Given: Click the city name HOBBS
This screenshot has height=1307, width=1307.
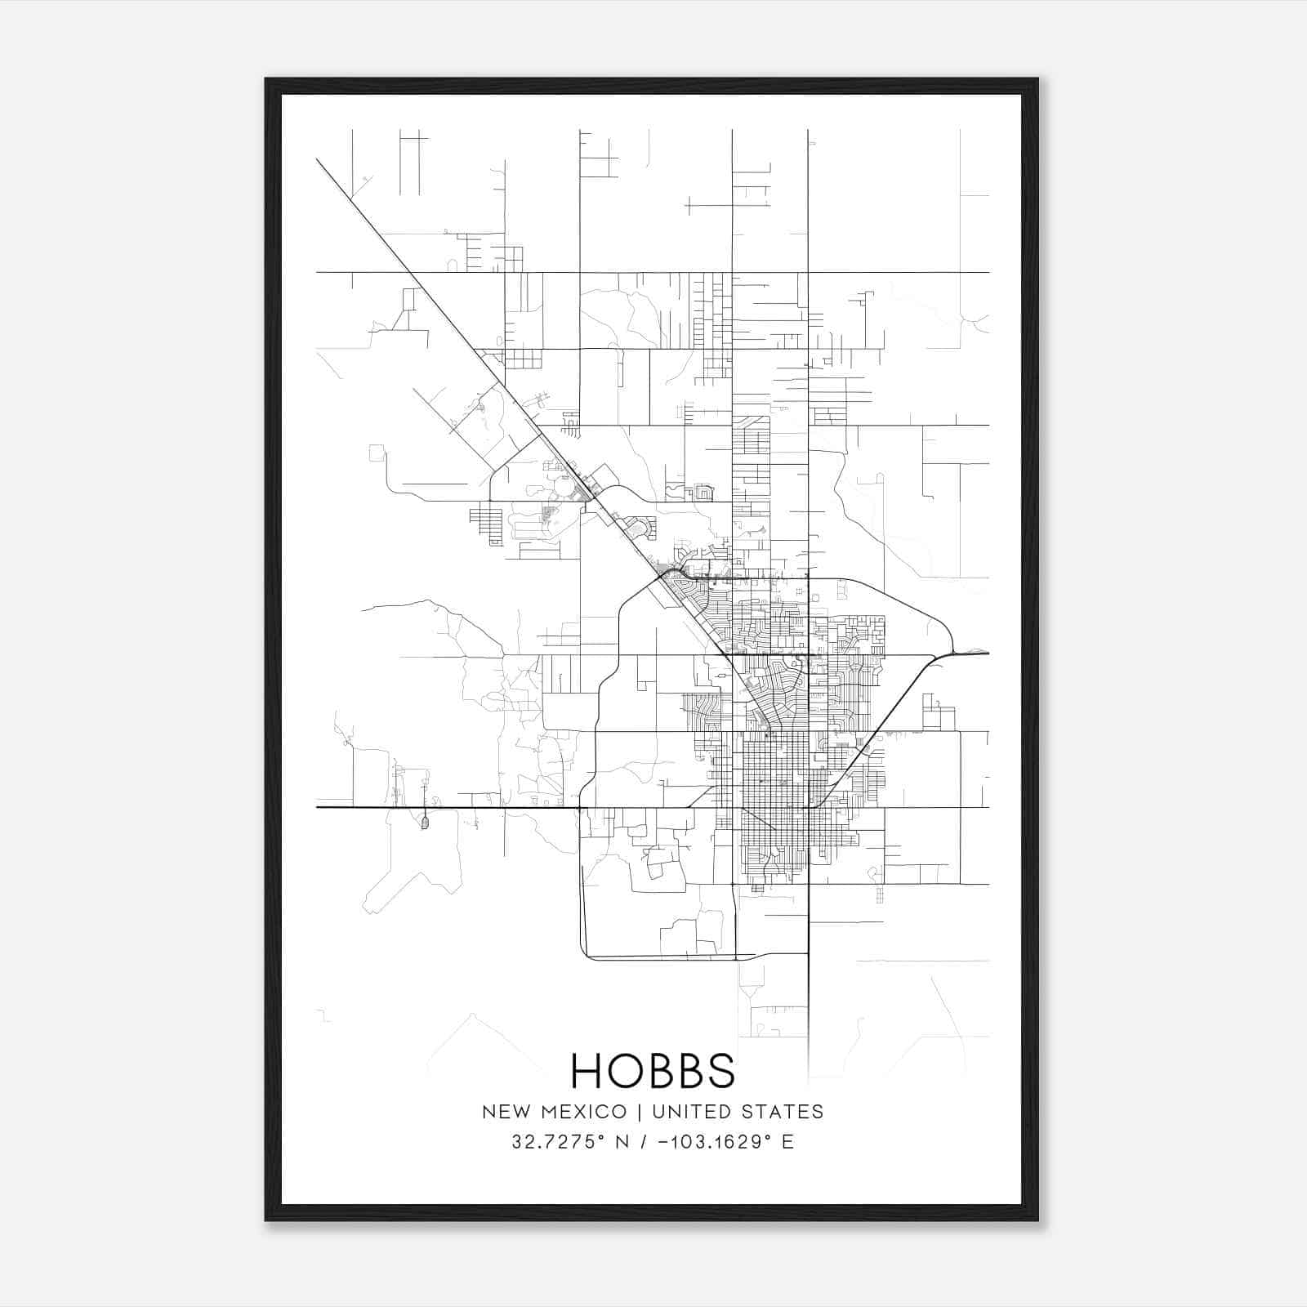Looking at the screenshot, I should coord(653,1070).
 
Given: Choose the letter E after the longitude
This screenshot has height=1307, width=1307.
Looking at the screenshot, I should coord(788,1142).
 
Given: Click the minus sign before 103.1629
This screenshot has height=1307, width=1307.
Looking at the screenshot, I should coord(672,1142).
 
